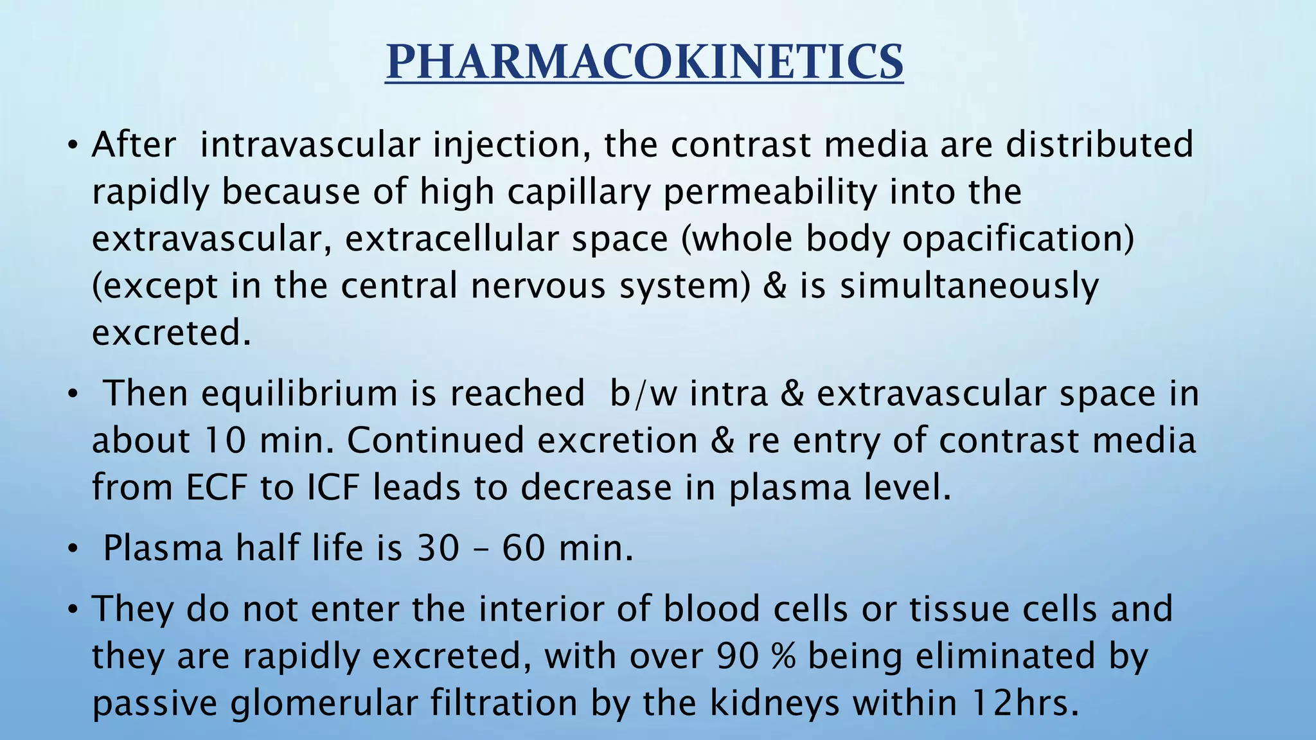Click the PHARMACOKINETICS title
(645, 62)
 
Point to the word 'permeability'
(770, 193)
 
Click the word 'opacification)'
(1018, 240)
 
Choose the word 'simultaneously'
(970, 287)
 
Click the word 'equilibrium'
(299, 394)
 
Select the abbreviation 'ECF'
(217, 488)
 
